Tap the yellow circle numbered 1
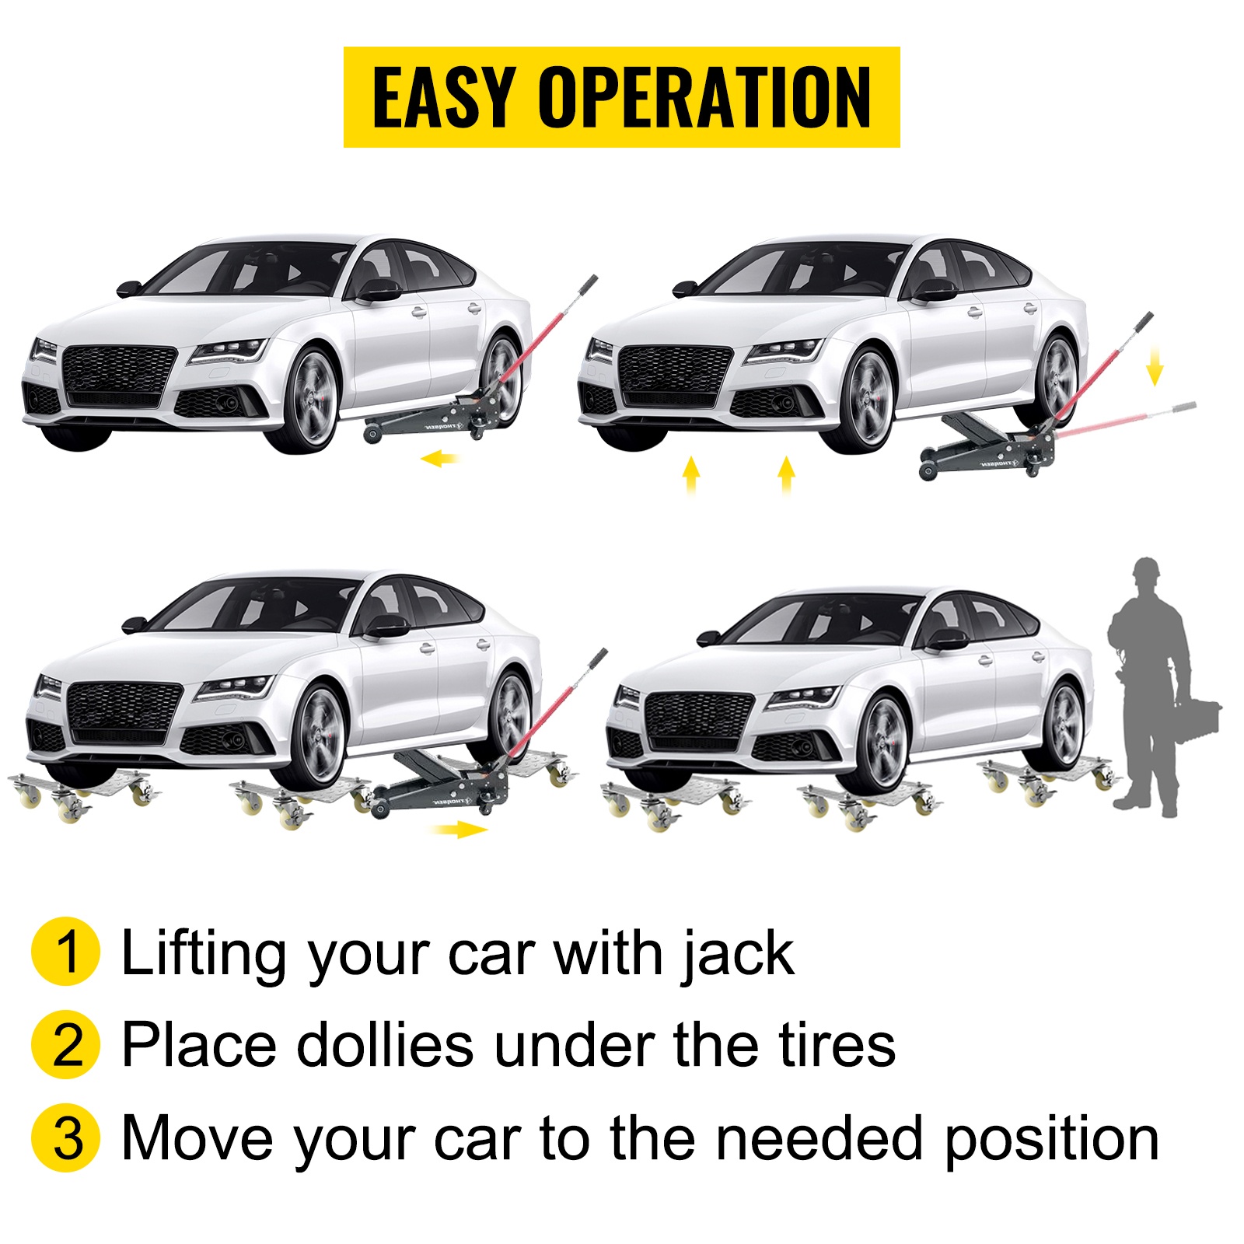(66, 952)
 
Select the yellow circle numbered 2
(66, 1044)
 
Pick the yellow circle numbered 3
(66, 1137)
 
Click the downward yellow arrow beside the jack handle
(1155, 365)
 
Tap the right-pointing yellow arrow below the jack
(460, 830)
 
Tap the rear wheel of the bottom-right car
(1061, 726)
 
